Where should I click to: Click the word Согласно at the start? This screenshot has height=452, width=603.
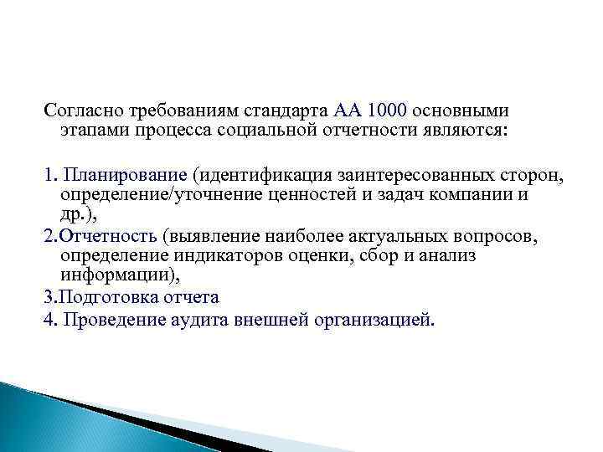coord(83,111)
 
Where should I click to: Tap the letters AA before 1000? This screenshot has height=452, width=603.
coord(348,111)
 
